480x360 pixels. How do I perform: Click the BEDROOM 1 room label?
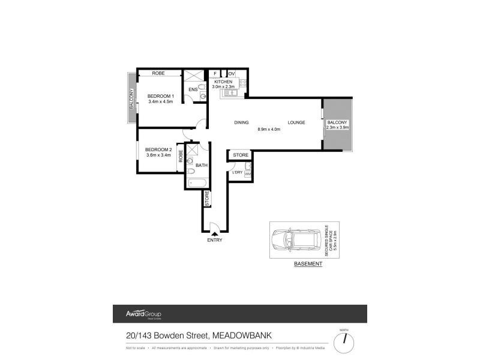(x=160, y=96)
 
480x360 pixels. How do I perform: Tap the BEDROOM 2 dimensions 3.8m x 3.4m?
(x=159, y=155)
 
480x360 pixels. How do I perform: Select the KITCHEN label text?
(x=223, y=82)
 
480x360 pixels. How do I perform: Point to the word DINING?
(x=241, y=122)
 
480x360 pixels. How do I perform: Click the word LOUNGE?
(x=296, y=122)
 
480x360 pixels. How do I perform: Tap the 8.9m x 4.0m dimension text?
(x=269, y=129)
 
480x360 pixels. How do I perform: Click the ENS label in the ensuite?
(x=193, y=90)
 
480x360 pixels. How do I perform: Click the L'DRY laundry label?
(x=237, y=173)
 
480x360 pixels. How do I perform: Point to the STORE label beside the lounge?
(x=241, y=155)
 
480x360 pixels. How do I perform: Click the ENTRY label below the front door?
(x=214, y=240)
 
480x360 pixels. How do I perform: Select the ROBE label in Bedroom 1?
(x=158, y=73)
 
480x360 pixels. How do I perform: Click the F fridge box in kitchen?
(x=215, y=74)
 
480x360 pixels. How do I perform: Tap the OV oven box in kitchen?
(x=231, y=74)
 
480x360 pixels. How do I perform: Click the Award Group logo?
(x=143, y=314)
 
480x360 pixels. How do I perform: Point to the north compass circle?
(x=344, y=342)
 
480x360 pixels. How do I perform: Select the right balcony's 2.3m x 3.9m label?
(x=337, y=127)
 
